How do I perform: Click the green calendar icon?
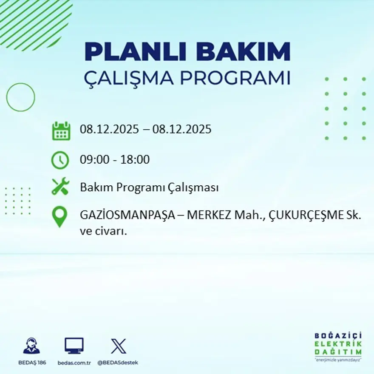[61, 131]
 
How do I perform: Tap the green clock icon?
[60, 160]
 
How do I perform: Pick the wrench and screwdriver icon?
[60, 187]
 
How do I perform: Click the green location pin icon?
[60, 216]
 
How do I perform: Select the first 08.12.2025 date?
[109, 129]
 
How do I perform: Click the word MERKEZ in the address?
[208, 216]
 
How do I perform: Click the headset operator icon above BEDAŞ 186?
[31, 346]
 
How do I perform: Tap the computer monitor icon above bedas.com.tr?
[74, 346]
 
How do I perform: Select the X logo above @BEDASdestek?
[118, 346]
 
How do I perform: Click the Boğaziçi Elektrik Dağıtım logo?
[338, 346]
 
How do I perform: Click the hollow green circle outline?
[20, 97]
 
